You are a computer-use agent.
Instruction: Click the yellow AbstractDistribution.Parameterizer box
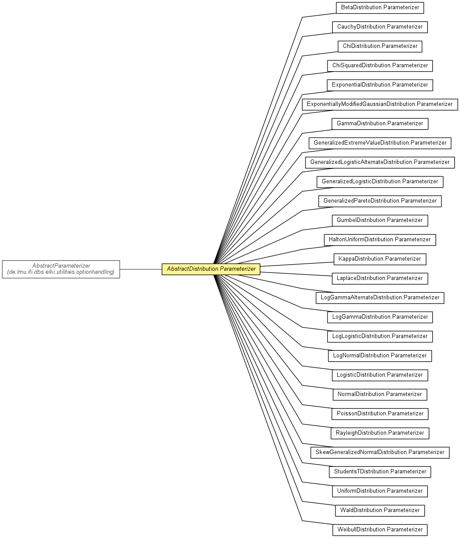[210, 269]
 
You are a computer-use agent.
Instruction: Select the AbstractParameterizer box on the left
[61, 269]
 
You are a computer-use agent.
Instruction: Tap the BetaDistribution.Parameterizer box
[380, 8]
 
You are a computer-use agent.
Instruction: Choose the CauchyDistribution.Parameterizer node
[380, 27]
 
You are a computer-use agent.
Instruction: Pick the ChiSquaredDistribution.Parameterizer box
[380, 66]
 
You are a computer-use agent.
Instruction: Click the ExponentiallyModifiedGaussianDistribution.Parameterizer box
[380, 104]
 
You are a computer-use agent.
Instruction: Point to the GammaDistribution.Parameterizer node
[380, 124]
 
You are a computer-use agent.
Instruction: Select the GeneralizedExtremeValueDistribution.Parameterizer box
[380, 143]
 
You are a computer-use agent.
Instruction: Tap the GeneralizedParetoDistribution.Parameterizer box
[380, 201]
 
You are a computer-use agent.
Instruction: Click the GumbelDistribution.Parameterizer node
[380, 221]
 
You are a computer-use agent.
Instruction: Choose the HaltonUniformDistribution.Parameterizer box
[380, 240]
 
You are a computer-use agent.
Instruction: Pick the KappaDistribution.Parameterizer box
[380, 259]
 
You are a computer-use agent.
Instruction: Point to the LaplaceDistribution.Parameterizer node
[380, 279]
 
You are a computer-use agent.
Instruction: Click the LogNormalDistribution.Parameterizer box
[380, 356]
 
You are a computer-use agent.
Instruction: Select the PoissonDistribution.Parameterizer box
[380, 414]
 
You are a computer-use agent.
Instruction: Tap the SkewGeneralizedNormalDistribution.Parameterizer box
[380, 453]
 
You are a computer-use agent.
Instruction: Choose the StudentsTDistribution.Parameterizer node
[380, 472]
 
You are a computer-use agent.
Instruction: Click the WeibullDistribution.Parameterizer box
[380, 530]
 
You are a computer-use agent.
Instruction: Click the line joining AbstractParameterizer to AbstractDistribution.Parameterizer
[141, 269]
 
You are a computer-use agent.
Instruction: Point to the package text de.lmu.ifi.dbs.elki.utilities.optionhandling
[61, 272]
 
